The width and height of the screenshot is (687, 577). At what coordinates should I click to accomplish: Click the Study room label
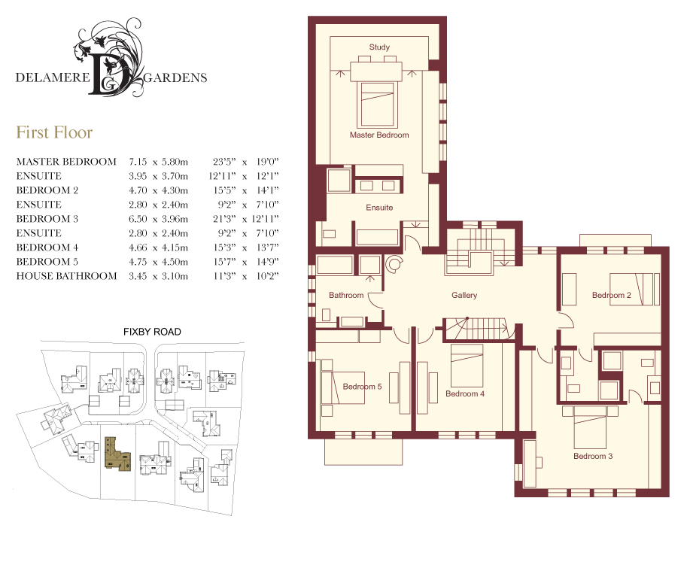coord(379,47)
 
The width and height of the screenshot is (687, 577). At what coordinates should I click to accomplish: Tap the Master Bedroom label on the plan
coord(379,135)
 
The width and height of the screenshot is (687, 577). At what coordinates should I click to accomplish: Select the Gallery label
coord(464,296)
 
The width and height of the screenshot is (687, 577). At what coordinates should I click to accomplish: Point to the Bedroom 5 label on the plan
coord(362,387)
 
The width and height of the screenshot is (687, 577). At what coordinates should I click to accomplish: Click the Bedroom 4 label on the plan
coord(465,393)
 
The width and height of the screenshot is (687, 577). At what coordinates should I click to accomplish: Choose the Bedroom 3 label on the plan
coord(593,456)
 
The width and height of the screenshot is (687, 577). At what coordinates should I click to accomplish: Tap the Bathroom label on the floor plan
coord(346,296)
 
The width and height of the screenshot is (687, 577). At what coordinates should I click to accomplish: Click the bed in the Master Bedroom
coord(377,104)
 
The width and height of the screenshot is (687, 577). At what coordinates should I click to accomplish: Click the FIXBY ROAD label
coord(152,332)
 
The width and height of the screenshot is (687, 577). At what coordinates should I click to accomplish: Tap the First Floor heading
coord(54,132)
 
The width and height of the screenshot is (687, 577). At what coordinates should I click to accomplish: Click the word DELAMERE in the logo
coord(53,77)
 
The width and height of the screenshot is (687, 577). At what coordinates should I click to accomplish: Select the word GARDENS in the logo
coord(175,78)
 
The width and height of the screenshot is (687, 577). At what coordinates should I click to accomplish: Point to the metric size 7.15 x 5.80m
coord(158,162)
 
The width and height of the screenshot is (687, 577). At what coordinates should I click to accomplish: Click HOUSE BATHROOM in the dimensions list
coord(67,276)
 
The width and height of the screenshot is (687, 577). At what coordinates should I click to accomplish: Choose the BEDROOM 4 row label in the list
coord(47,248)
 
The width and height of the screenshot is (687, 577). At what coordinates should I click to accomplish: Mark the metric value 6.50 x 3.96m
coord(158,219)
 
